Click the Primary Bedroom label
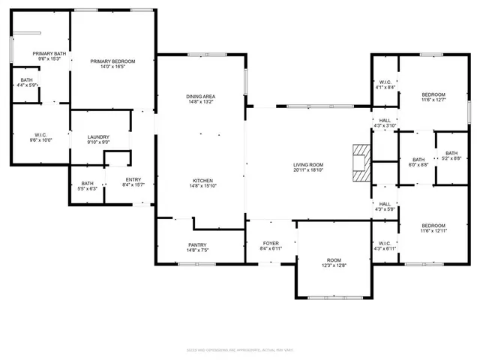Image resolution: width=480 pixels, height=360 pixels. (x=112, y=61)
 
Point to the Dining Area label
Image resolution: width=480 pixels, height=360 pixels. (x=201, y=97)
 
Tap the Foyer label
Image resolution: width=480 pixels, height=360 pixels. (x=270, y=243)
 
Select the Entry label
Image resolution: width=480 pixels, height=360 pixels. (x=133, y=179)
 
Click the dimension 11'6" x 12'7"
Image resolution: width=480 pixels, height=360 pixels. (x=433, y=100)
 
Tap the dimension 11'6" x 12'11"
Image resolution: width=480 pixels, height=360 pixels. (x=433, y=231)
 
